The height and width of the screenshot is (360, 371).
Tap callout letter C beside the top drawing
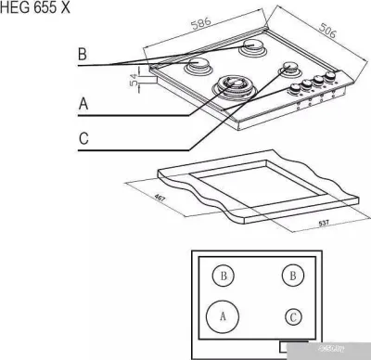[x=83, y=140]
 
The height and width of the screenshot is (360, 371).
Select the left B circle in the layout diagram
[x=222, y=276]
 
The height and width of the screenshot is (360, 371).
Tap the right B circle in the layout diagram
[x=293, y=276]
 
